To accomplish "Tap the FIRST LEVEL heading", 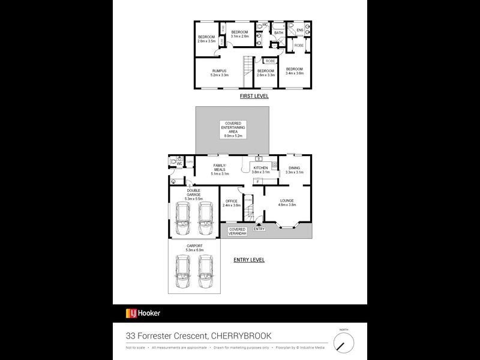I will click(x=254, y=96).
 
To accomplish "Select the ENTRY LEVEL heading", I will click(x=248, y=260).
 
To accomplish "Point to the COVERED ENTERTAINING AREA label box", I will click(x=233, y=130).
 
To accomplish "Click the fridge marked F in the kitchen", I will click(x=257, y=181).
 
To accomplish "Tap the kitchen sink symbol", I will click(x=259, y=159).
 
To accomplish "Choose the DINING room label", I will click(x=295, y=170).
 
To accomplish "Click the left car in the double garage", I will click(x=182, y=219).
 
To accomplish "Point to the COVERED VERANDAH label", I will click(x=238, y=231).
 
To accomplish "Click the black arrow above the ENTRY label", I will click(x=259, y=224).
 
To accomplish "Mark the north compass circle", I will click(x=344, y=343).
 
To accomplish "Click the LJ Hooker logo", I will click(x=143, y=313).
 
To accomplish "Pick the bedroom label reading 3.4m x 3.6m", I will click(x=294, y=71).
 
